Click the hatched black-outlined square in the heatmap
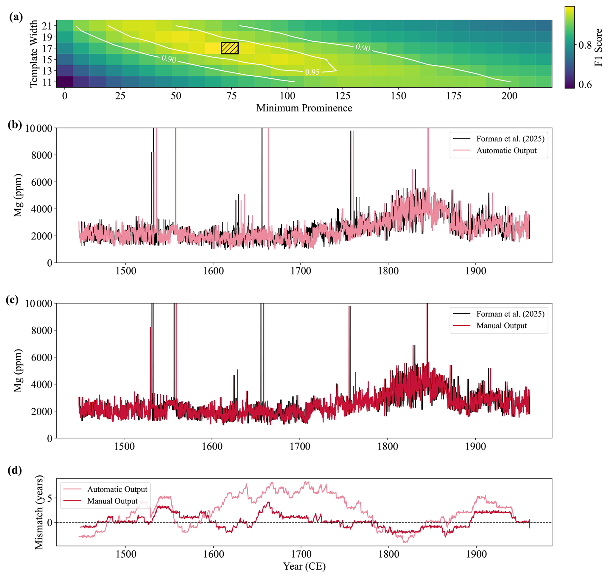tap(229, 48)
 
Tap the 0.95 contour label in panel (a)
tap(312, 72)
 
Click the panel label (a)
tap(16, 17)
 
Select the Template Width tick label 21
tap(47, 25)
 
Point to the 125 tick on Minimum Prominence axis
tap(343, 96)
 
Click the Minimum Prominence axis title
tap(304, 108)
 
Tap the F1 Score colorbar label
tap(598, 47)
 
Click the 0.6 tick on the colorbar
tap(585, 85)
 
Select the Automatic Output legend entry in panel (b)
tap(506, 151)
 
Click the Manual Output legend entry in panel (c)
tap(501, 326)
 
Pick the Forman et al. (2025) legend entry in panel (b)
tap(510, 139)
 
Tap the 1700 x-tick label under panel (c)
tap(300, 446)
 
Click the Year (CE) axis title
tap(304, 566)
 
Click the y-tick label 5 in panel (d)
tap(49, 498)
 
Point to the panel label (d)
tap(15, 471)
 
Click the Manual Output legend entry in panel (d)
tap(112, 501)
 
